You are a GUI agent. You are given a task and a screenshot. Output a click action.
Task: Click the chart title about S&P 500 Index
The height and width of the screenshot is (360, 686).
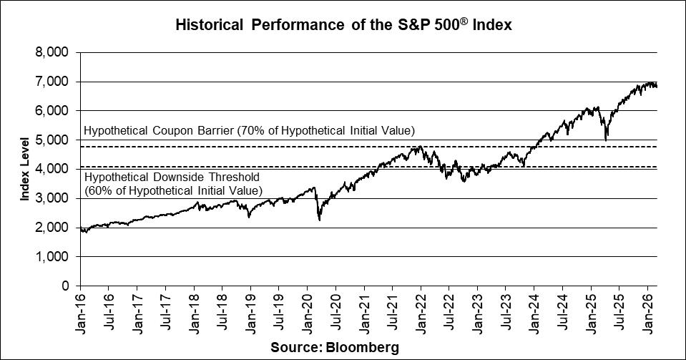(x=343, y=25)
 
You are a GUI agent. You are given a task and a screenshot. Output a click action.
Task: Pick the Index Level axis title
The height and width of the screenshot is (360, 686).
(x=24, y=169)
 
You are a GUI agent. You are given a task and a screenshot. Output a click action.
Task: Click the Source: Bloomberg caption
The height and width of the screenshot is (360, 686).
(x=334, y=347)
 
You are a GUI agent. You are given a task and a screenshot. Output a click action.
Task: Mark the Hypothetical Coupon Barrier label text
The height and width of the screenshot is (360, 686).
(x=249, y=131)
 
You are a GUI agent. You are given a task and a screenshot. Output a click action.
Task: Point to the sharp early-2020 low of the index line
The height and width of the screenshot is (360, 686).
(x=318, y=220)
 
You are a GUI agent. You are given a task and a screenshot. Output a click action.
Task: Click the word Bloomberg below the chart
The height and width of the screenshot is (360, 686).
(x=361, y=347)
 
